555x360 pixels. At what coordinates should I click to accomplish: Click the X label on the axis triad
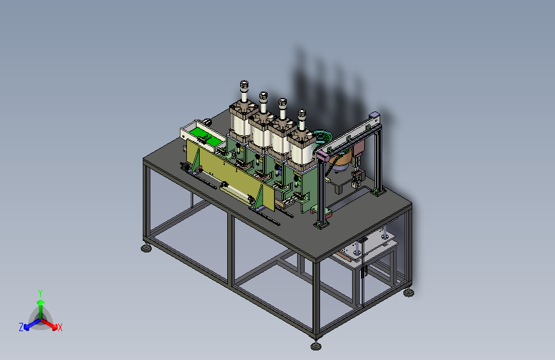pos(60,327)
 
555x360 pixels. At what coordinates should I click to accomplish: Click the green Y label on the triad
pos(40,293)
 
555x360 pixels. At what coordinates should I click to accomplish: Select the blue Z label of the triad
pos(21,327)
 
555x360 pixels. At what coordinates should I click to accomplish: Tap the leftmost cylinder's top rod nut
pos(244,85)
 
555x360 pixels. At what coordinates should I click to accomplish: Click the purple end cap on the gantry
pos(323,155)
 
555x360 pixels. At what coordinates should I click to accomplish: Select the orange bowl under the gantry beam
pos(341,160)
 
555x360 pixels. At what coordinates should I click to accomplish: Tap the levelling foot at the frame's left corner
pos(146,248)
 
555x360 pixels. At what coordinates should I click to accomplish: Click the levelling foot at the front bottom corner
pos(316,345)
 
